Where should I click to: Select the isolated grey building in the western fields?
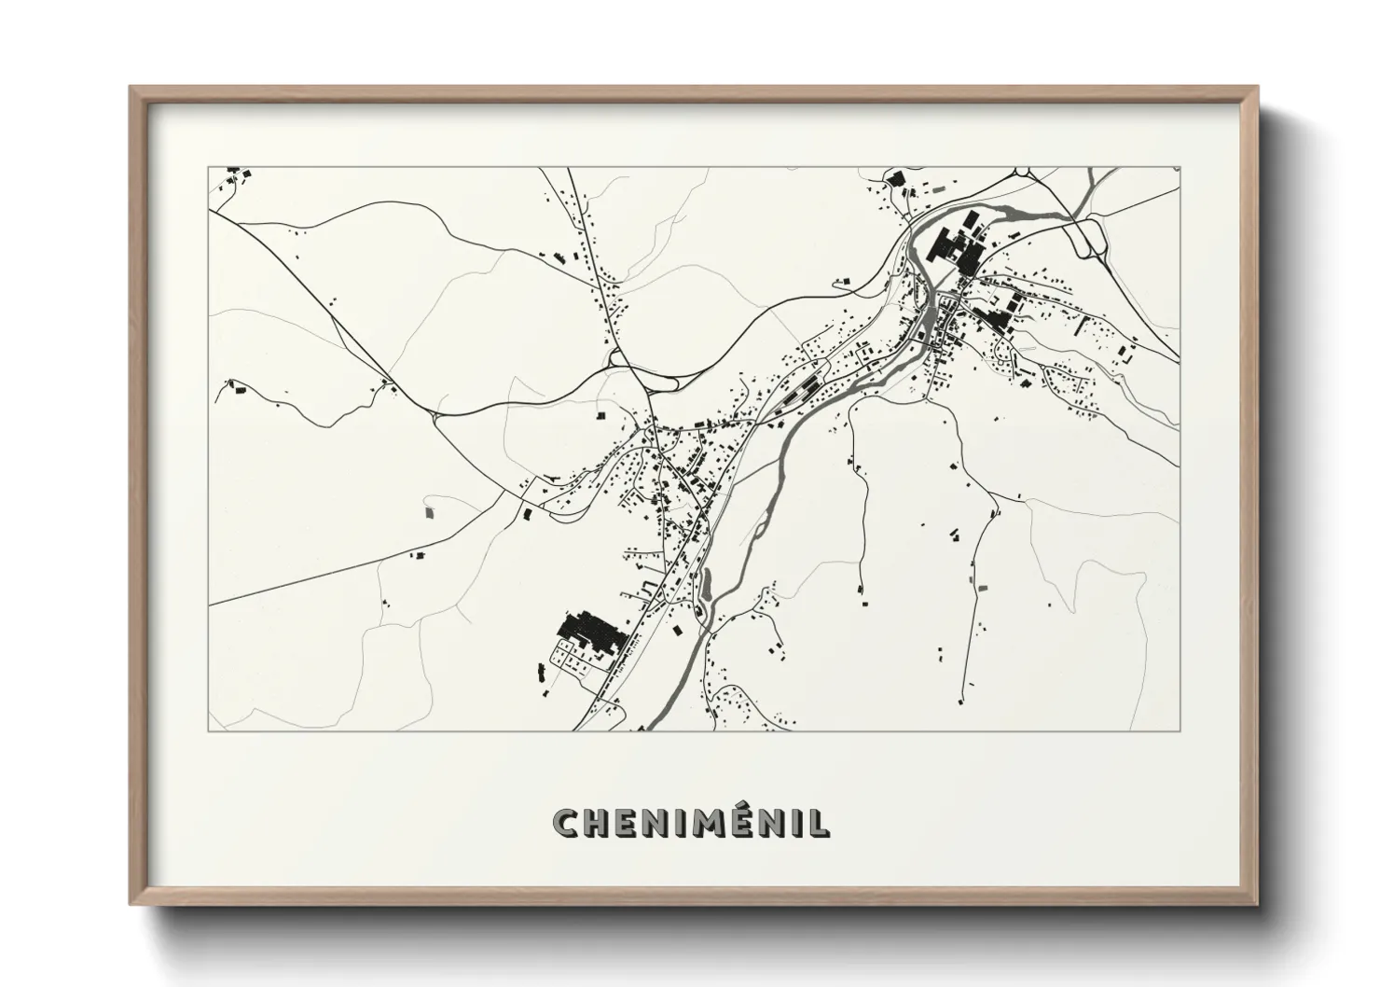430,511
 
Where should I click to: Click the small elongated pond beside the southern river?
706,583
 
